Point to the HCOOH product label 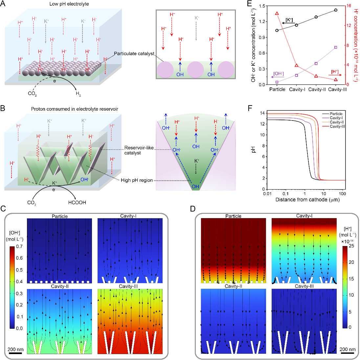coord(77,203)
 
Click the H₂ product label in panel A coord(78,94)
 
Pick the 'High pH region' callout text coord(137,180)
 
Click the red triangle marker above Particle coord(277,13)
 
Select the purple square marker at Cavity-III coord(335,47)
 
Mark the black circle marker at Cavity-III coord(335,10)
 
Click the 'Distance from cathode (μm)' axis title coord(307,200)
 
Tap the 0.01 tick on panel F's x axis coord(267,193)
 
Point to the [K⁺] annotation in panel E coord(289,20)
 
